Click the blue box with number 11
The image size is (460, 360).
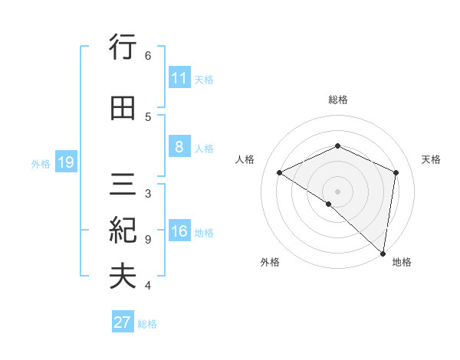pos(179,77)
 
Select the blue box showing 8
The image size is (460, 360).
pos(179,146)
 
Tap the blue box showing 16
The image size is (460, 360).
pos(179,231)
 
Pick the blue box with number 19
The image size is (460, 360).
pos(65,162)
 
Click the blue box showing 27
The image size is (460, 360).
pos(123,322)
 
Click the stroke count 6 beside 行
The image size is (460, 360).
pos(148,55)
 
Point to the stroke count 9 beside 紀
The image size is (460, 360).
pos(148,239)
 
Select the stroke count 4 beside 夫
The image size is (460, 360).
pos(148,286)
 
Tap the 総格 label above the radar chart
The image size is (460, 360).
pos(338,100)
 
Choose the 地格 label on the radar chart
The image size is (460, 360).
pos(402,262)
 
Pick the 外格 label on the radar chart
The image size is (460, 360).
pos(270,262)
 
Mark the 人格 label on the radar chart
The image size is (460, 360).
pos(245,159)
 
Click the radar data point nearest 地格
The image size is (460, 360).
pos(383,254)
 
